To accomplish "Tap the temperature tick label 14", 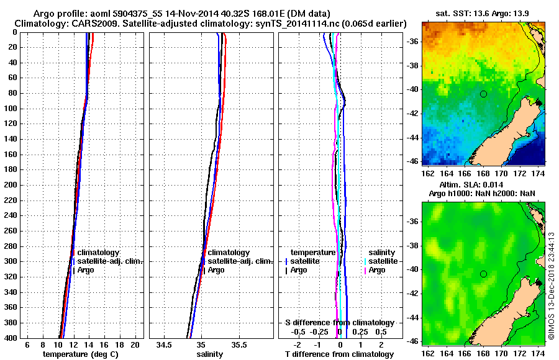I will coord(88,344).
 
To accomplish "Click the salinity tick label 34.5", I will coord(164,344).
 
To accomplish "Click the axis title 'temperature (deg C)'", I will coord(81,354).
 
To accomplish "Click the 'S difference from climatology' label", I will coord(339,323).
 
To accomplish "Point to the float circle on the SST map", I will coord(483,94).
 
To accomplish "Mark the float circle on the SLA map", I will coord(483,274).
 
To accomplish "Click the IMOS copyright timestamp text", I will coord(551,286).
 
